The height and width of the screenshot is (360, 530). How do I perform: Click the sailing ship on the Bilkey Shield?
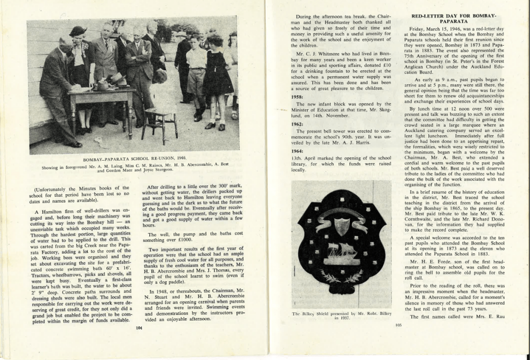click(341, 252)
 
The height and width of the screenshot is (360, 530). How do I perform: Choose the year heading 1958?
click(297, 97)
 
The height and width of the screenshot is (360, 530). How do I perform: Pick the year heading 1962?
click(297, 124)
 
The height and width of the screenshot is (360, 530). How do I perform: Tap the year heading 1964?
click(297, 151)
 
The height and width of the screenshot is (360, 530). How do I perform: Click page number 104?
click(138, 327)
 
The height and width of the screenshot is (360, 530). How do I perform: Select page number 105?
click(398, 325)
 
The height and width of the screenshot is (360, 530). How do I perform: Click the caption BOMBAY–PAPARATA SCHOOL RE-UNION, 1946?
click(135, 157)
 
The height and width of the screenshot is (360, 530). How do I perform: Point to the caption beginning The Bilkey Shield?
click(341, 315)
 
